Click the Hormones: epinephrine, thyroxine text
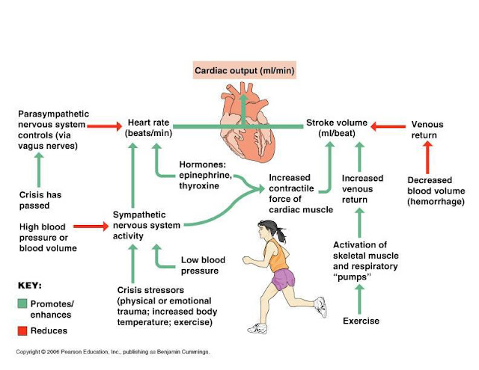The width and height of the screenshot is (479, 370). point(206,175)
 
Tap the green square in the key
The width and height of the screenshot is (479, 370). point(23,303)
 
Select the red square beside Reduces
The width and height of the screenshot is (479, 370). point(23,330)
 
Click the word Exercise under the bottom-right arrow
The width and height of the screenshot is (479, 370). point(361,321)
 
